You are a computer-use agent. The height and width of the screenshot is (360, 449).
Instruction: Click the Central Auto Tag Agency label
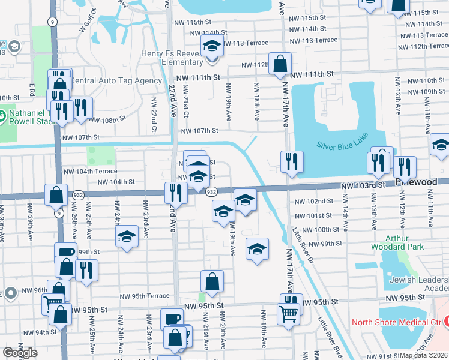point(116,81)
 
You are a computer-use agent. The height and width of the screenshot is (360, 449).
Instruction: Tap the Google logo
point(20,352)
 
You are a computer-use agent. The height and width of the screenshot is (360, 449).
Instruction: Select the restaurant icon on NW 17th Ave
point(292,161)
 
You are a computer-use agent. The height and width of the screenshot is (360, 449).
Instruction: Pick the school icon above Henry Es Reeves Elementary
point(212,46)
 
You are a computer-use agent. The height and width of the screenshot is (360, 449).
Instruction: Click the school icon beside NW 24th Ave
point(127,238)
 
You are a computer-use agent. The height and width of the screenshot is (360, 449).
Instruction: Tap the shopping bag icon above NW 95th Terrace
point(212,281)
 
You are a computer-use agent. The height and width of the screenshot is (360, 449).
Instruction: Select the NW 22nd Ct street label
point(154,114)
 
